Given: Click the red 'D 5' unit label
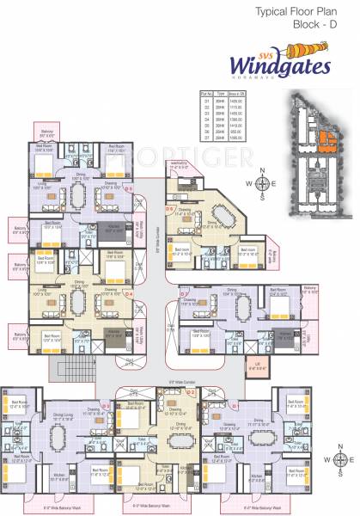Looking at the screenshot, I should point(127,187).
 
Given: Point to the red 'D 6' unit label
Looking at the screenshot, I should point(170,208).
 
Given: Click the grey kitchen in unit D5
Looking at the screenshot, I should point(113,229).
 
